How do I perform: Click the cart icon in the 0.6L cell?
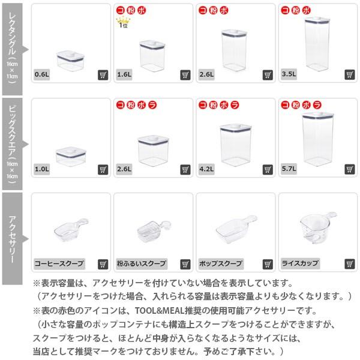(x=103, y=76)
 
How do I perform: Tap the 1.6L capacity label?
(x=124, y=76)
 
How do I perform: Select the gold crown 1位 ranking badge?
(x=123, y=23)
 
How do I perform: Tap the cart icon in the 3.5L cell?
(x=350, y=76)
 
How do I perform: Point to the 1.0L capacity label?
(x=42, y=170)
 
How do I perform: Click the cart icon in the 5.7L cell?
(x=350, y=170)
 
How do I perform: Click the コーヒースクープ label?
(x=59, y=263)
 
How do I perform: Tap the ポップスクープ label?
(x=221, y=263)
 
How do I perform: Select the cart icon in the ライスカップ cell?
(x=350, y=263)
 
